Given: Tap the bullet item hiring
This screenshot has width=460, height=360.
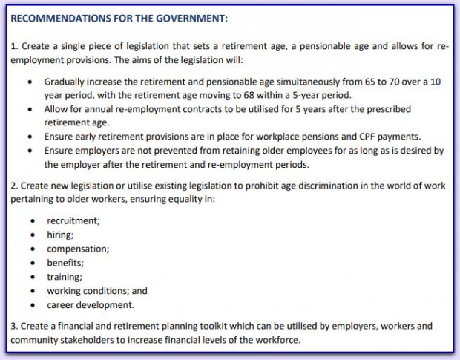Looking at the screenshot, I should (60, 235).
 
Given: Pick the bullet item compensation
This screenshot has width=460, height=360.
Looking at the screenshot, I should (78, 249).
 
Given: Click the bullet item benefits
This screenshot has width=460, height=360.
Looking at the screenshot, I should (65, 263).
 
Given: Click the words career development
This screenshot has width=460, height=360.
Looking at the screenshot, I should (91, 304).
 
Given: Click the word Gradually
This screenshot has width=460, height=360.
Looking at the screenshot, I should (66, 80).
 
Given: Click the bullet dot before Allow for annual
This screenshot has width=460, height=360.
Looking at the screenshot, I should (28, 108).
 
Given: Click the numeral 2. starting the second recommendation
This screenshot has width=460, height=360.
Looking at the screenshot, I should (14, 186).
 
